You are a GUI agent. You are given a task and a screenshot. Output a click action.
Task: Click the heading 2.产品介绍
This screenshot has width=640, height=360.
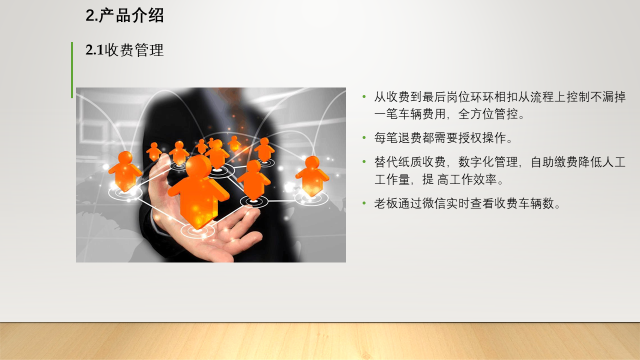[124, 15]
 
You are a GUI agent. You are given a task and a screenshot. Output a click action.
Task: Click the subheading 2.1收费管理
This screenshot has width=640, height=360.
[124, 50]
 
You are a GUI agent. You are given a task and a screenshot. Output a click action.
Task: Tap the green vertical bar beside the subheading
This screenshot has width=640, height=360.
[72, 70]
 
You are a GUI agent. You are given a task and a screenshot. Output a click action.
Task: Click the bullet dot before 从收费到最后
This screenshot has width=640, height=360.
[364, 96]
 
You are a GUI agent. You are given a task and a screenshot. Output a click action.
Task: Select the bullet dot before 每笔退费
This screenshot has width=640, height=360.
[364, 137]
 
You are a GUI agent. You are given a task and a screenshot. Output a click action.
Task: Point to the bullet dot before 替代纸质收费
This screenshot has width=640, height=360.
[364, 161]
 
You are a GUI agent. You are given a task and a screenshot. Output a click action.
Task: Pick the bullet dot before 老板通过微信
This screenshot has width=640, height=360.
[364, 203]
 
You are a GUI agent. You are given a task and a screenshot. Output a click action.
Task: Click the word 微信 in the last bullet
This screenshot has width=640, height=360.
[434, 203]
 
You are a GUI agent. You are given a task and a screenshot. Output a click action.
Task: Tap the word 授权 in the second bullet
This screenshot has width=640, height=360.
[470, 138]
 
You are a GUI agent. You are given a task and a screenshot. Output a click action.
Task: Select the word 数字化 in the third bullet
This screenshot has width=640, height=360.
[476, 162]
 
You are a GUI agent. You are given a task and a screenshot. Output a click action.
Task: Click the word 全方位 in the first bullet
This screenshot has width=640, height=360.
[476, 114]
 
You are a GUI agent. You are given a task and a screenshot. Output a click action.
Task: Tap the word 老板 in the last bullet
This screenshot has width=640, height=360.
[386, 203]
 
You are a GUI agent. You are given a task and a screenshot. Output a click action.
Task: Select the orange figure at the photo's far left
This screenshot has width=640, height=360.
[125, 171]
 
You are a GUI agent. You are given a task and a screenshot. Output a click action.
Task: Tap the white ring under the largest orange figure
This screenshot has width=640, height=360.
[197, 230]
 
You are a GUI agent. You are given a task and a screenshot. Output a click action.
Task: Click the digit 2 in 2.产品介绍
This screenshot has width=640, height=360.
[89, 15]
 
